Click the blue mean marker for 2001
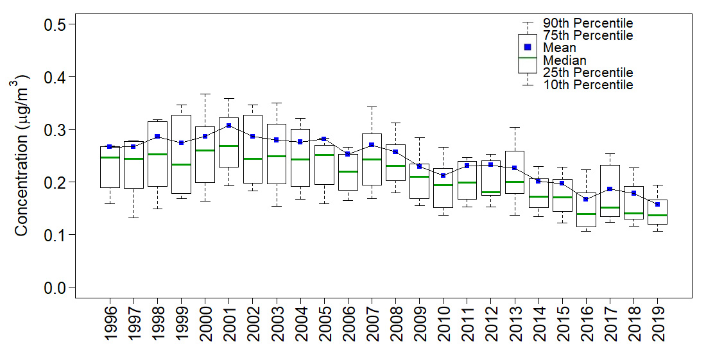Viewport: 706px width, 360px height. [229, 125]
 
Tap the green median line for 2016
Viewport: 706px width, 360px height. [586, 214]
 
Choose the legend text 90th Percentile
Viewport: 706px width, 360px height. [588, 24]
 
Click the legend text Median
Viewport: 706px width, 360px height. [564, 60]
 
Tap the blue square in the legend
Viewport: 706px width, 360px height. [528, 47]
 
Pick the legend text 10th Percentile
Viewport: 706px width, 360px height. [588, 85]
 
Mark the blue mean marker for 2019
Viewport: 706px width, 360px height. [657, 204]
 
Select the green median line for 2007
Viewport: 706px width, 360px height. [372, 159]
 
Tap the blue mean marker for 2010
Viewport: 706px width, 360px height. [443, 175]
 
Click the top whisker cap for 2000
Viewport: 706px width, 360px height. [205, 94]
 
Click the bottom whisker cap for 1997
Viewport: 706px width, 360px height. [133, 218]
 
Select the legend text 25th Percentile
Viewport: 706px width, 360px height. [588, 73]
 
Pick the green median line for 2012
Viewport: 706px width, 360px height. [491, 193]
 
